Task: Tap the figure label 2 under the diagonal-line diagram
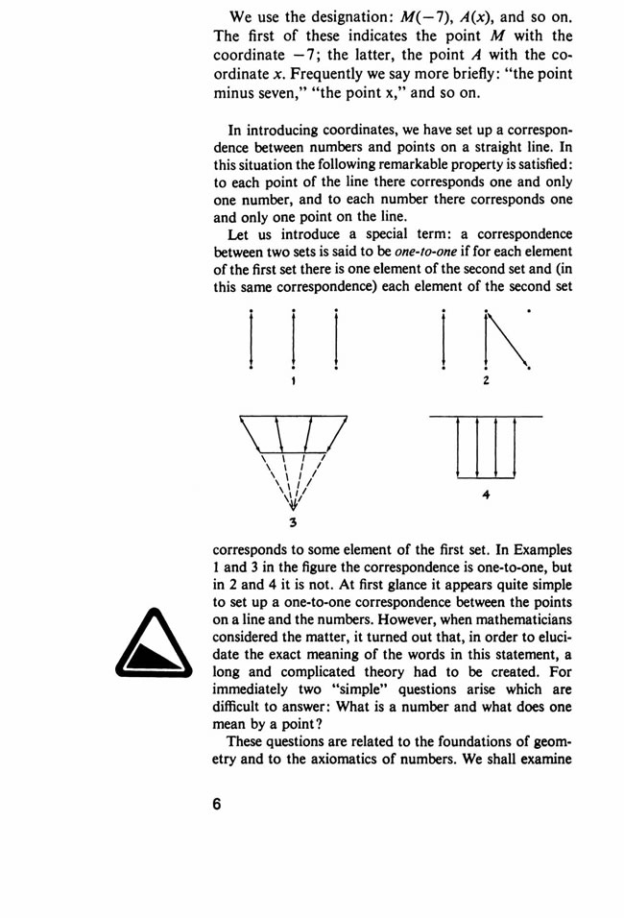pos(487,381)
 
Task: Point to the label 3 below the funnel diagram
pos(292,522)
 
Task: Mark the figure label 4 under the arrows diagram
pos(487,495)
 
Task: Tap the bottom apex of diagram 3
pos(293,506)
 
